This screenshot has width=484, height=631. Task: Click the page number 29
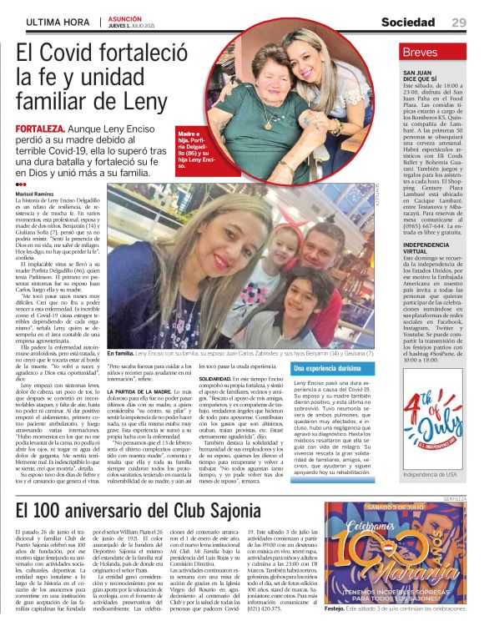pyautogui.click(x=459, y=22)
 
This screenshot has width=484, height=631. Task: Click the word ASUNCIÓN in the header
pyautogui.click(x=124, y=17)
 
